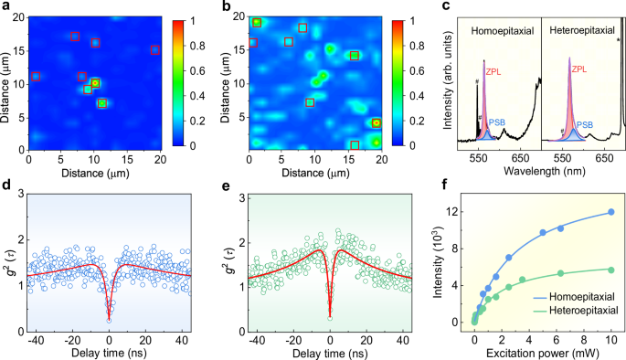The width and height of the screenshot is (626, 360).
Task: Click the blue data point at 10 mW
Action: pyautogui.click(x=611, y=212)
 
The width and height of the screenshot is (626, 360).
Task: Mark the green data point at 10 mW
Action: pyautogui.click(x=611, y=270)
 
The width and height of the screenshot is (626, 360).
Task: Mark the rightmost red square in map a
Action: pyautogui.click(x=155, y=49)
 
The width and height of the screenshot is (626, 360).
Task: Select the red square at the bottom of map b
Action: pyautogui.click(x=355, y=144)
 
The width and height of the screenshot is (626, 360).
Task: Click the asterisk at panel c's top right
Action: pyautogui.click(x=619, y=40)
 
